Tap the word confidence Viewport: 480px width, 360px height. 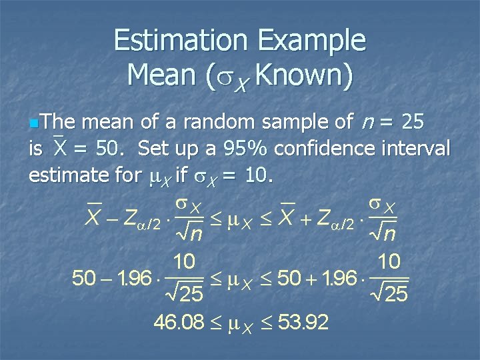328,148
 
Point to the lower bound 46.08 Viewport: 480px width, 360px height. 178,323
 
